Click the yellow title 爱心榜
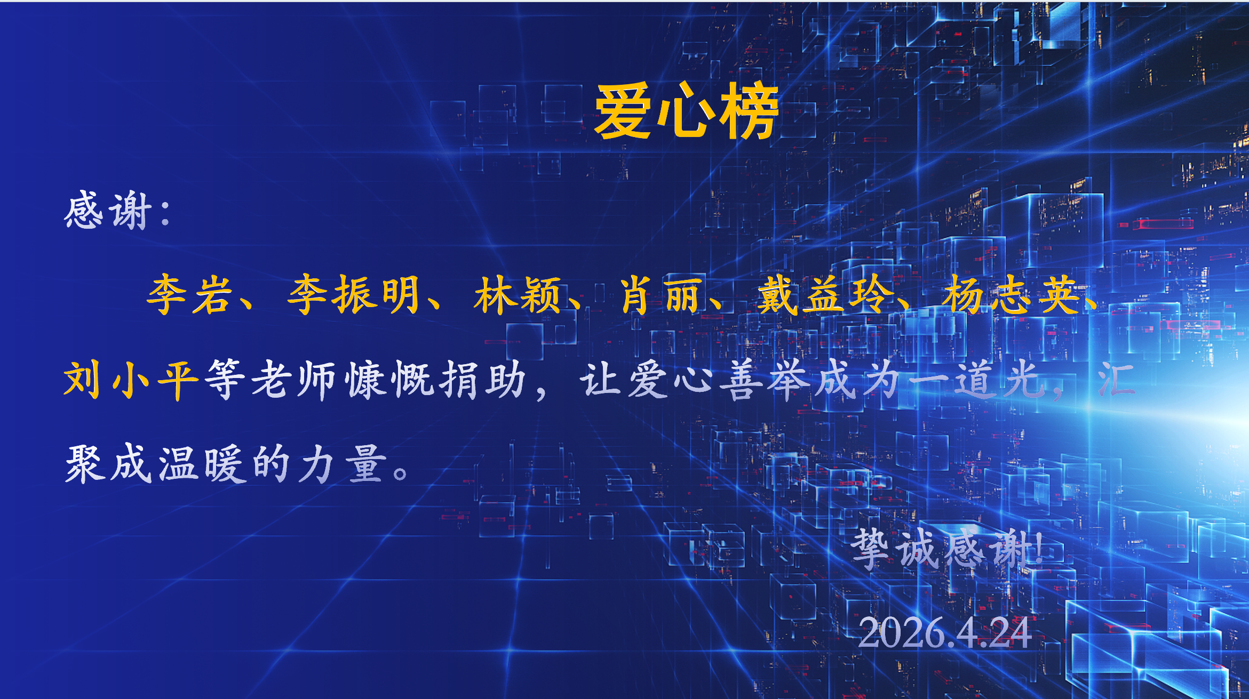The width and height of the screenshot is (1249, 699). [687, 111]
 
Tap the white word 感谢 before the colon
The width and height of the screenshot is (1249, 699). [108, 211]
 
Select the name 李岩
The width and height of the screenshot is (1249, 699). [190, 294]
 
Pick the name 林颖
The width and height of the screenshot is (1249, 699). [518, 294]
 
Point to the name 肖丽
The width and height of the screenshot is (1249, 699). [660, 294]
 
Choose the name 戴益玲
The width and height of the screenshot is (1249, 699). [825, 294]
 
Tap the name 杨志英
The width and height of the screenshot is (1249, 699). [1011, 294]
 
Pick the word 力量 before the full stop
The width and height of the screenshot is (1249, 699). [341, 463]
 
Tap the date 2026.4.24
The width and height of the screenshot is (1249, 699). [944, 633]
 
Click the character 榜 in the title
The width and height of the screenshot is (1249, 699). [750, 111]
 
